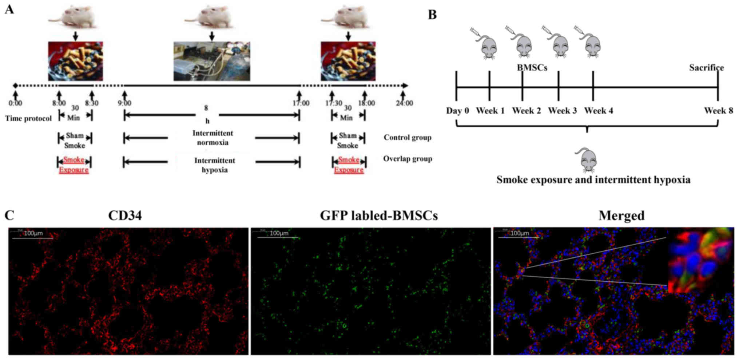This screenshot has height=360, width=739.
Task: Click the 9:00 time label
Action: click(x=124, y=103)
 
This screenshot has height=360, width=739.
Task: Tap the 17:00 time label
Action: click(x=301, y=103)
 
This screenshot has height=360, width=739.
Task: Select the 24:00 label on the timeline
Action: click(x=404, y=103)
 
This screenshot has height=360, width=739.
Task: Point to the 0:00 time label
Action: click(x=15, y=103)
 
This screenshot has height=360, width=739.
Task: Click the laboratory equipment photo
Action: click(x=212, y=61)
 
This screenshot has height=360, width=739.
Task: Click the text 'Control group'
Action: click(x=408, y=138)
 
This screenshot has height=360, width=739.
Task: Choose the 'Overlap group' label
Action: click(x=408, y=159)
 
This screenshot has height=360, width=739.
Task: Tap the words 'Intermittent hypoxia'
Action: click(x=215, y=165)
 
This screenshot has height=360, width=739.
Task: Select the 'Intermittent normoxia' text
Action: click(x=213, y=138)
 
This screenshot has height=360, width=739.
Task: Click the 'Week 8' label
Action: click(x=718, y=111)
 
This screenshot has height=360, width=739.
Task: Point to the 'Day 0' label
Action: click(x=457, y=111)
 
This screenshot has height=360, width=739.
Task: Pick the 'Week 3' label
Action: click(x=562, y=111)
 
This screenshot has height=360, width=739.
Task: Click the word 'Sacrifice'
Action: click(x=706, y=68)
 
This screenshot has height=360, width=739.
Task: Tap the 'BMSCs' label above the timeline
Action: click(x=532, y=68)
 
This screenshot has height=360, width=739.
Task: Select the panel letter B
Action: click(x=432, y=15)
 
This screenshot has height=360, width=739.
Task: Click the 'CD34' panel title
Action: click(x=125, y=216)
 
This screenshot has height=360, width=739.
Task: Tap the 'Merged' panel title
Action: click(x=621, y=216)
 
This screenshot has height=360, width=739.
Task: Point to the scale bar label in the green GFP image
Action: click(x=279, y=233)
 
